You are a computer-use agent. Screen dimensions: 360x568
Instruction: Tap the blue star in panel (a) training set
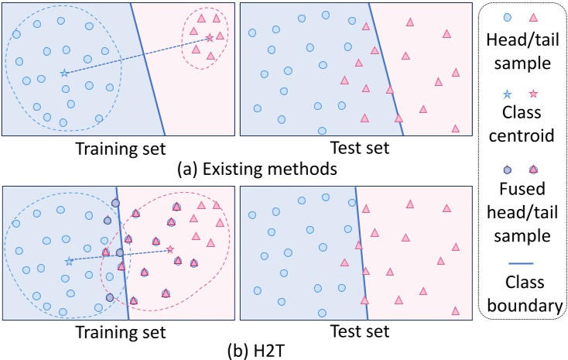pyautogui.click(x=63, y=74)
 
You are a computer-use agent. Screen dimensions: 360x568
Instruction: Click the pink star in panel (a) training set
pyautogui.click(x=209, y=37)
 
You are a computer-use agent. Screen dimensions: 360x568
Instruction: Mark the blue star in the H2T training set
pyautogui.click(x=68, y=261)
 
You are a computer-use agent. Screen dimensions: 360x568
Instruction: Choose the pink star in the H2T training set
pyautogui.click(x=170, y=249)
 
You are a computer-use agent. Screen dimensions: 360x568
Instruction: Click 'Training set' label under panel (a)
pyautogui.click(x=121, y=146)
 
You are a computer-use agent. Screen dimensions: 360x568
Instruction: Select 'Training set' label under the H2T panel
pyautogui.click(x=121, y=331)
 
